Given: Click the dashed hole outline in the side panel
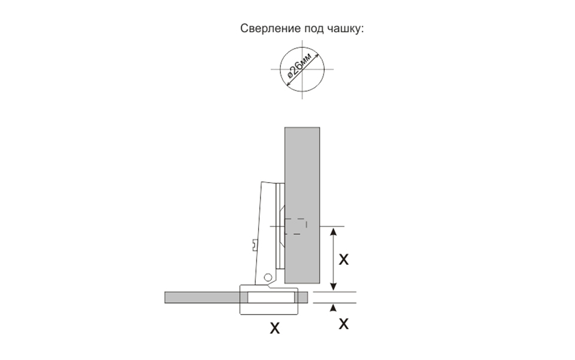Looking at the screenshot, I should [296, 226].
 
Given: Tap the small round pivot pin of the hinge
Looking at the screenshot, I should [268, 277].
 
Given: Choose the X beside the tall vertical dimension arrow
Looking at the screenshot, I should [344, 259].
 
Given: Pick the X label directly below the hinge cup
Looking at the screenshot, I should [274, 328].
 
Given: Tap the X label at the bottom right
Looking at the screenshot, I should [344, 324].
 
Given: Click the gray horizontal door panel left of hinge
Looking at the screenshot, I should [201, 297].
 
